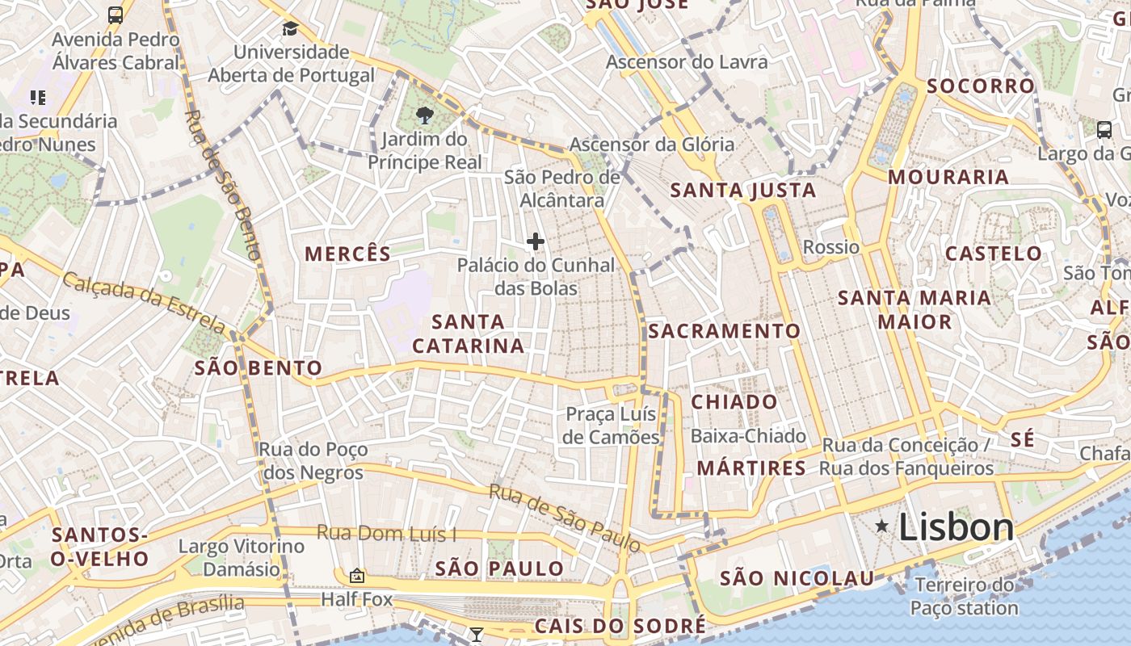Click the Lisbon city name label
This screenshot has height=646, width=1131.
coord(956,528)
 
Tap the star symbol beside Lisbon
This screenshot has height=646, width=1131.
coord(882,527)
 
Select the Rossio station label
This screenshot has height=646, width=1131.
coord(831,247)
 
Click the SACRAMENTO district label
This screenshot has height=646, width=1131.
coord(724,331)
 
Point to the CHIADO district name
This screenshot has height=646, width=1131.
coord(734,402)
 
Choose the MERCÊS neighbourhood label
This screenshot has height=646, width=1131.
coord(347,254)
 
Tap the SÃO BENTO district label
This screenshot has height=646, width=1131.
coord(259,369)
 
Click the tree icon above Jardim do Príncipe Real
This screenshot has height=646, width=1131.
coord(423,115)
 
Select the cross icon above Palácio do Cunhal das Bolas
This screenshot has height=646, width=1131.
coord(535,241)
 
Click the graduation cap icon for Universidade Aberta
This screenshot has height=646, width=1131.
coord(290,29)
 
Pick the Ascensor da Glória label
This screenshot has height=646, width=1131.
coord(652,145)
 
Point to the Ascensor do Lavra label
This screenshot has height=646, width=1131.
coord(687,62)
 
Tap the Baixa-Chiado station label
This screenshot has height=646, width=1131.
coord(748,436)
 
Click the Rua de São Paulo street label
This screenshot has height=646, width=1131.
coord(565,518)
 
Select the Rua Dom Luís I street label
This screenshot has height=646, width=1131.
coord(386,533)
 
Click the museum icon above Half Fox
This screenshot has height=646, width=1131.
coord(356,576)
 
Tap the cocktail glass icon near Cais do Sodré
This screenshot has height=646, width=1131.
coord(477,635)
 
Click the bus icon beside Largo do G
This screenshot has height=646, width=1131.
coord(1104,129)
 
